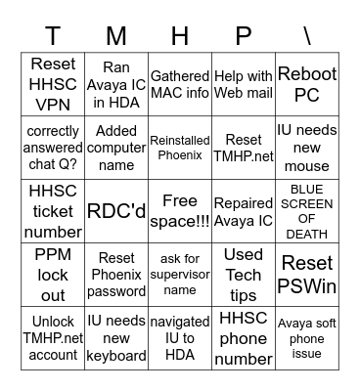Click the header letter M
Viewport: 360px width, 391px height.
pyautogui.click(x=116, y=36)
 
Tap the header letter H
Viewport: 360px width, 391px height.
pyautogui.click(x=180, y=36)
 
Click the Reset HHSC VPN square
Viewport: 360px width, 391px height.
pyautogui.click(x=53, y=84)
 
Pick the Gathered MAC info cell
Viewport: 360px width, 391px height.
pyautogui.click(x=180, y=84)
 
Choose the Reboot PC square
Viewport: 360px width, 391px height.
pyautogui.click(x=306, y=84)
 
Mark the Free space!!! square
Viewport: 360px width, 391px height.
pyautogui.click(x=180, y=210)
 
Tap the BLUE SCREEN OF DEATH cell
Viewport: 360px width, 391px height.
pyautogui.click(x=306, y=210)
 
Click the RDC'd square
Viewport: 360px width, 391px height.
pyautogui.click(x=116, y=210)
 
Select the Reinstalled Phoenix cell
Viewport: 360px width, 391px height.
pyautogui.click(x=180, y=148)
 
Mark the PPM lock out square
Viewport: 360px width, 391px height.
pyautogui.click(x=53, y=274)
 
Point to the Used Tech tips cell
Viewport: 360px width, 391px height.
pyautogui.click(x=243, y=274)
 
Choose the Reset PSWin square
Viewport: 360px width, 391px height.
pyautogui.click(x=306, y=274)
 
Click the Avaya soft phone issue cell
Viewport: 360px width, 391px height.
pyautogui.click(x=306, y=337)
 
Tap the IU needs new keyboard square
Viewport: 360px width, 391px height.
pyautogui.click(x=116, y=337)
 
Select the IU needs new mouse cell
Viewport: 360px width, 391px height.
pyautogui.click(x=306, y=148)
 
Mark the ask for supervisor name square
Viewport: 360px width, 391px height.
pyautogui.click(x=180, y=274)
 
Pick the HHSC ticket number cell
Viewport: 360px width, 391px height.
pyautogui.click(x=53, y=210)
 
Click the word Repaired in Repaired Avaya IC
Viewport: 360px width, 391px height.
pyautogui.click(x=243, y=203)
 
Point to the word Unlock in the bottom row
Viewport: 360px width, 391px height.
pyautogui.click(x=53, y=321)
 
